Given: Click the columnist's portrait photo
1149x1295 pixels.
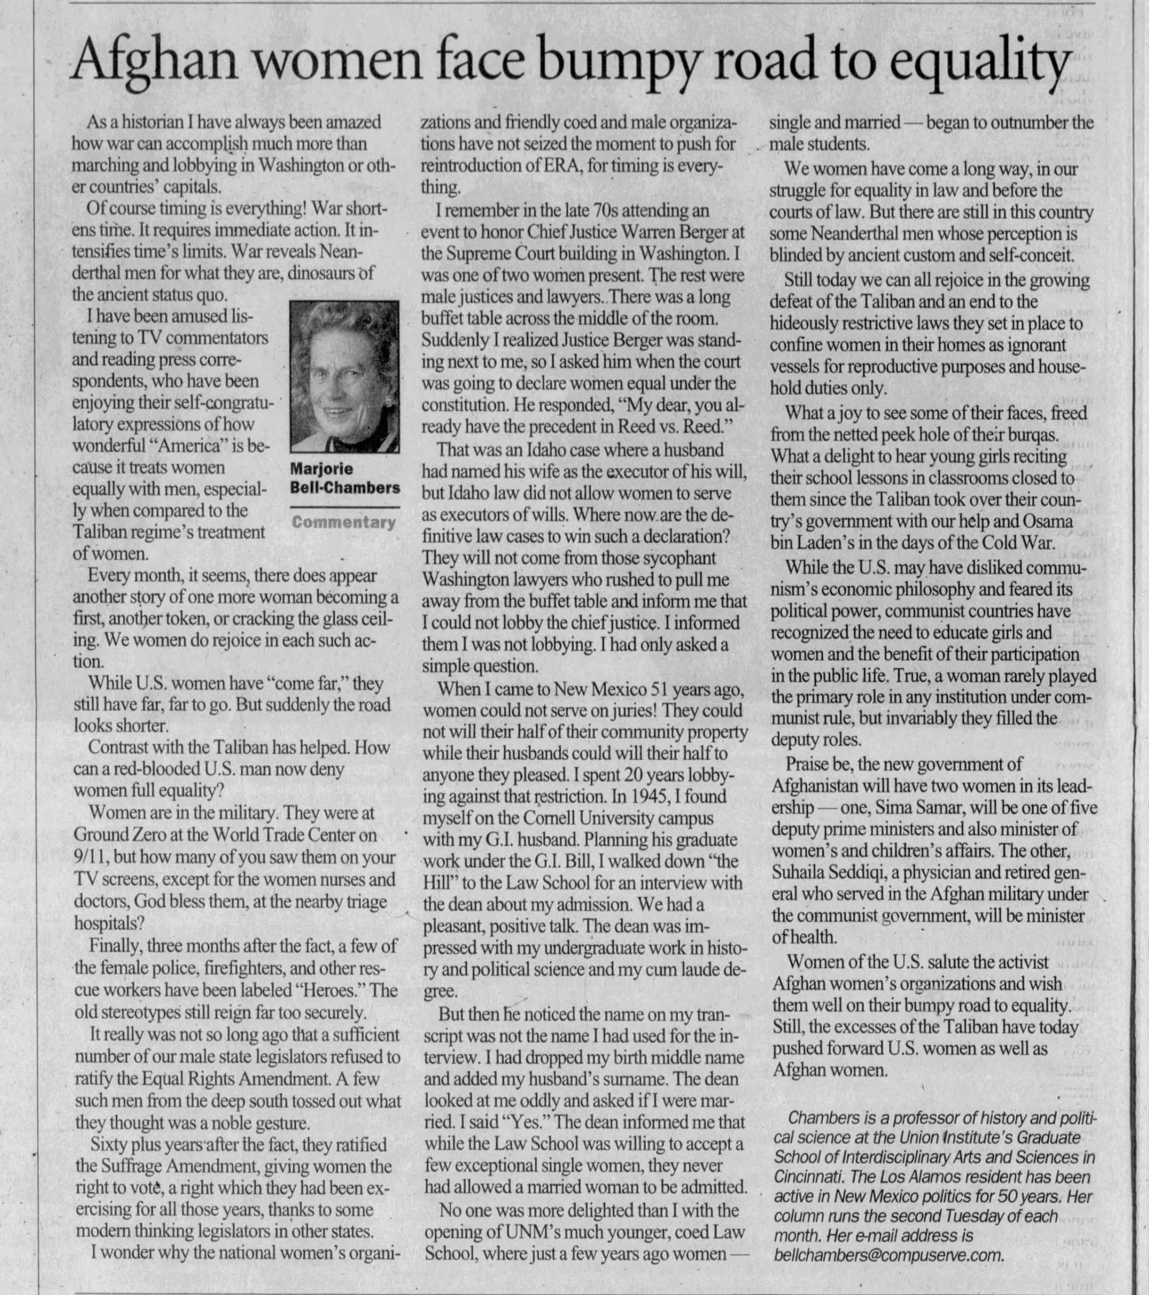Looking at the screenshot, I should coord(344,376).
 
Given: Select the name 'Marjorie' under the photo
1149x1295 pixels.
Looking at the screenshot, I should coord(322,469).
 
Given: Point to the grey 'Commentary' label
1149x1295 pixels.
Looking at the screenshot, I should coord(344,523).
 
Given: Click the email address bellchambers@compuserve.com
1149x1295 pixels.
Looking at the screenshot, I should coord(888,1255).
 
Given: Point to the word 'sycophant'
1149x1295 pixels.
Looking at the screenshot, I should coord(678,558).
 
